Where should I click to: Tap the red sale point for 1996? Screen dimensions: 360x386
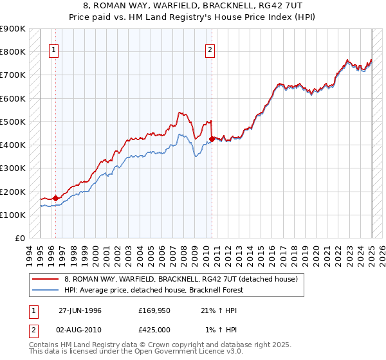pyautogui.click(x=55, y=198)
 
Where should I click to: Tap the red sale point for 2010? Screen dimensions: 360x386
pyautogui.click(x=212, y=138)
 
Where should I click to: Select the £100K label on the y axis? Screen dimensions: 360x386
pyautogui.click(x=13, y=215)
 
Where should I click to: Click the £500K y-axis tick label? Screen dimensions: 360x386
pyautogui.click(x=13, y=122)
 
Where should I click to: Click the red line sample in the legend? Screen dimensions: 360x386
pyautogui.click(x=45, y=280)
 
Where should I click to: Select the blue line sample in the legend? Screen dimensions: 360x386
pyautogui.click(x=45, y=291)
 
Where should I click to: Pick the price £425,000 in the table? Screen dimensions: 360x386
pyautogui.click(x=154, y=330)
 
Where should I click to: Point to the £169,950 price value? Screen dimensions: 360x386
pyautogui.click(x=154, y=310)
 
